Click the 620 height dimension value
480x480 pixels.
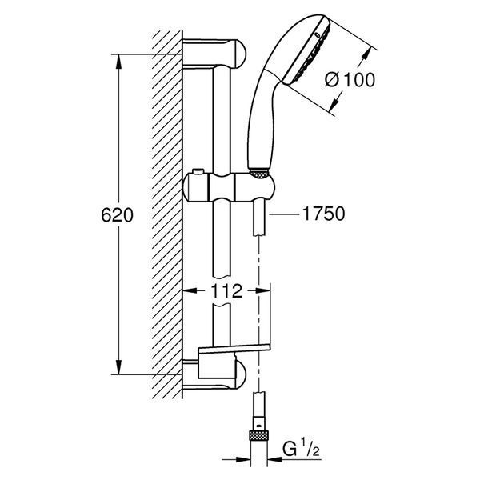(x=118, y=215)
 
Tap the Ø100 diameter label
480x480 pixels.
(x=350, y=80)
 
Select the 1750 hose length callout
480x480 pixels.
(x=323, y=214)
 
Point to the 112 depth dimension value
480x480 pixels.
(x=226, y=291)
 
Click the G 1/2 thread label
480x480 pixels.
(x=302, y=450)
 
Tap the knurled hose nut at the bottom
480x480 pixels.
(x=259, y=435)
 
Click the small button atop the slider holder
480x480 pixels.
(x=198, y=171)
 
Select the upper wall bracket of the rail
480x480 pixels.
(x=214, y=54)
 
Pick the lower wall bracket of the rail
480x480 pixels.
(x=214, y=374)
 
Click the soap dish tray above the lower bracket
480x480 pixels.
(x=234, y=348)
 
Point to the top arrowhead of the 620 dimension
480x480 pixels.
(x=118, y=62)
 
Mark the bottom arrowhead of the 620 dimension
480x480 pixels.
(x=118, y=366)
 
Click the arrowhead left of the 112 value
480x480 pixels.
(x=190, y=291)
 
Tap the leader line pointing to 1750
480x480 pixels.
(x=284, y=214)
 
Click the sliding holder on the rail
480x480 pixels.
(x=228, y=187)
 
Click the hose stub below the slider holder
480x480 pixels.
(x=259, y=218)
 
